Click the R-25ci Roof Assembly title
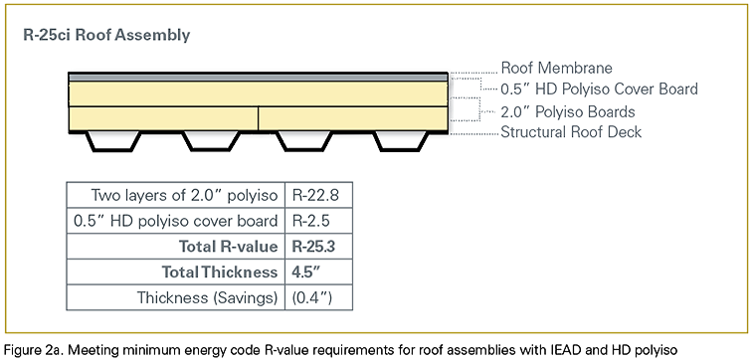point(106,35)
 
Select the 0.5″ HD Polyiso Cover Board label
point(599,90)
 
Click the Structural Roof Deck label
point(571,131)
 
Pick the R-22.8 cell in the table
point(316,195)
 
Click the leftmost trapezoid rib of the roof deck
point(112,141)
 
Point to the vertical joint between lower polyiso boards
point(258,117)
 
